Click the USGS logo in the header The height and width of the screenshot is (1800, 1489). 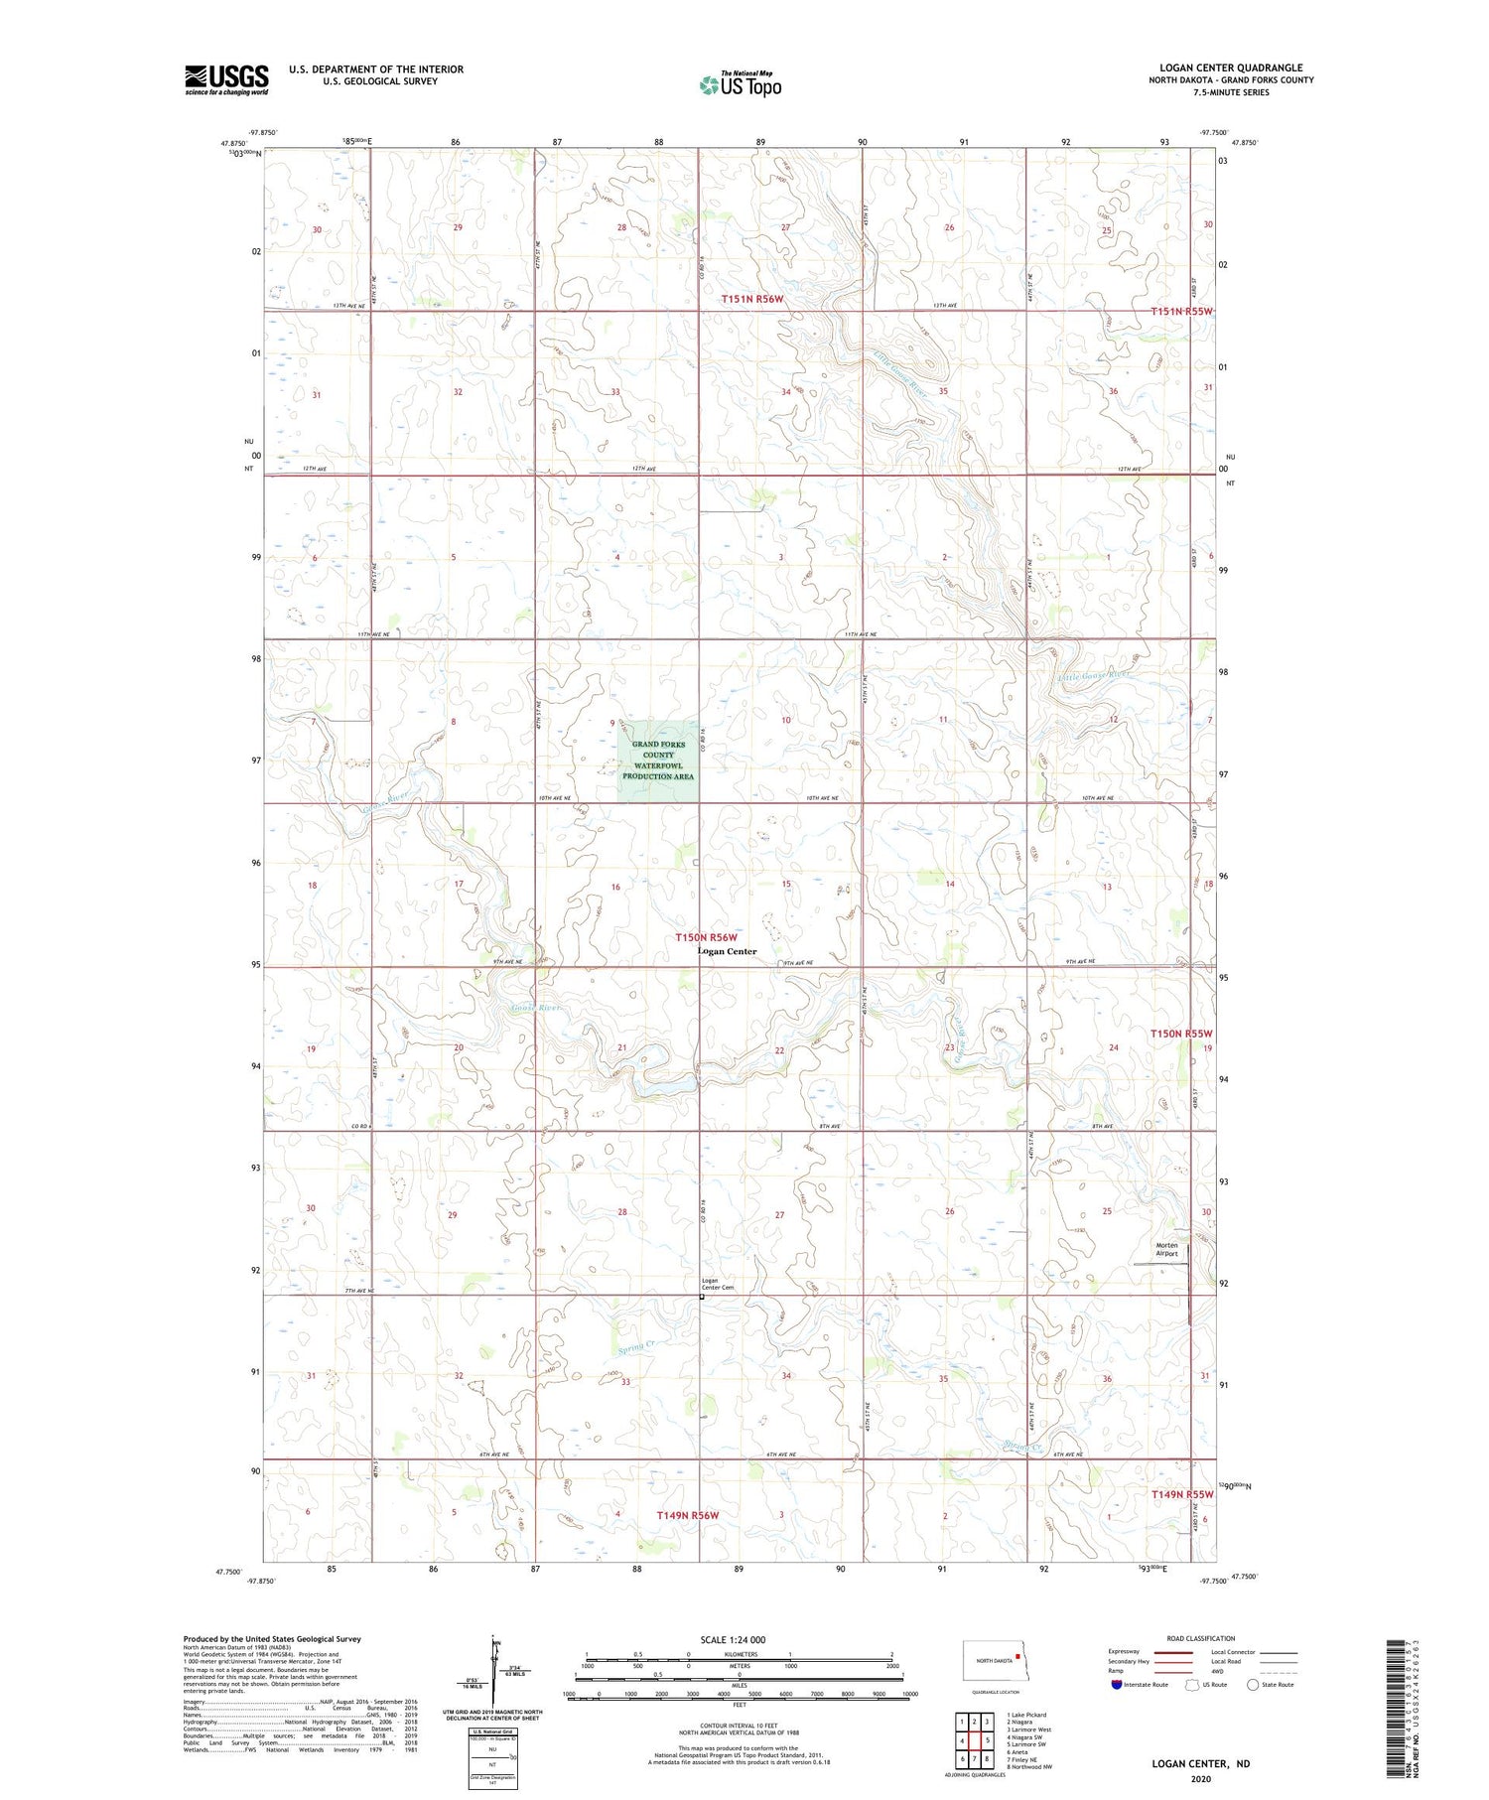226,79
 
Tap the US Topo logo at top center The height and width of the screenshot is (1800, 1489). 741,84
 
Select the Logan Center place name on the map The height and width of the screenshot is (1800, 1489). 727,951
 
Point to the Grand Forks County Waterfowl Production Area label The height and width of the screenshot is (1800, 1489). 658,761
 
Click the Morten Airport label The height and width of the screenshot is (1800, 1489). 1166,1249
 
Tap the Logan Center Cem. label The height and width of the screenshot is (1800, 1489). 718,1284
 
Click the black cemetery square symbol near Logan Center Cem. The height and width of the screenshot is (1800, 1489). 702,1296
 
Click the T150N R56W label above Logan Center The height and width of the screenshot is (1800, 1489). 708,937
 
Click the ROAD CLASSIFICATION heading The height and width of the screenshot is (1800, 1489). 1201,1638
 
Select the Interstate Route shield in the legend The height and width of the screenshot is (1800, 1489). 1117,1684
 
